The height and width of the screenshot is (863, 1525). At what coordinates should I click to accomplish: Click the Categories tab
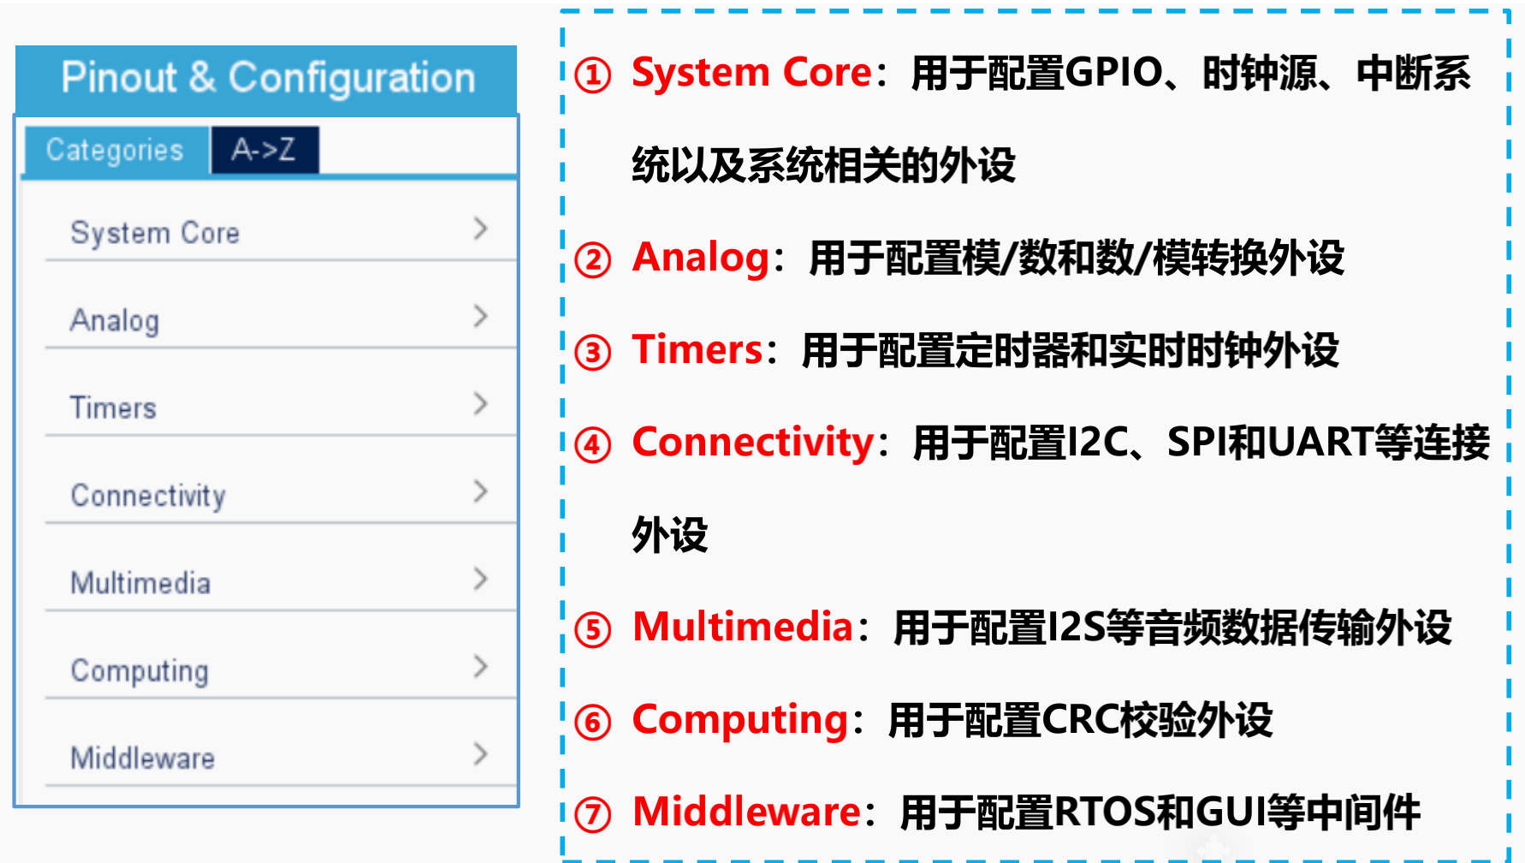click(x=116, y=151)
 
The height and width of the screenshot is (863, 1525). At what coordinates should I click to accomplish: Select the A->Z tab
click(x=264, y=150)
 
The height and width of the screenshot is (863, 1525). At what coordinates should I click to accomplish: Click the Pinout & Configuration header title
click(x=268, y=78)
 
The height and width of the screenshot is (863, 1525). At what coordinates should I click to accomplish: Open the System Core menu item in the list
click(x=155, y=233)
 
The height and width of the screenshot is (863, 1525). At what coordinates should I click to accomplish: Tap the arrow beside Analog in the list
click(x=480, y=317)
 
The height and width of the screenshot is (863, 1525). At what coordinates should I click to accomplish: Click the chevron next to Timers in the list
click(x=480, y=404)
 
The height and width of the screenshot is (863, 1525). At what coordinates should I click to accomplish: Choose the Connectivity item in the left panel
click(x=148, y=496)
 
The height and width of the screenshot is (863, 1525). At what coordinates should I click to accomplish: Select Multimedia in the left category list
click(x=140, y=583)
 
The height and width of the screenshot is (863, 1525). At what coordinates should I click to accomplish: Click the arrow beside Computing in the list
click(x=480, y=666)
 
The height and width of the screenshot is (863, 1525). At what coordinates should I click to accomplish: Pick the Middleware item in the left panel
click(x=143, y=758)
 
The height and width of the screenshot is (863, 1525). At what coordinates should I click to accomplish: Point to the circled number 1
click(x=593, y=75)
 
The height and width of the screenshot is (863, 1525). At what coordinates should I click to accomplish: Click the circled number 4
click(x=593, y=445)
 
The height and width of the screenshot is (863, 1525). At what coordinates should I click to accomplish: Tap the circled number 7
click(x=593, y=814)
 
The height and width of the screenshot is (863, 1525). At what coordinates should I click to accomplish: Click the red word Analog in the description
click(x=701, y=259)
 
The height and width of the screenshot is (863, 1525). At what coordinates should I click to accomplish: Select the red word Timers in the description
click(x=697, y=349)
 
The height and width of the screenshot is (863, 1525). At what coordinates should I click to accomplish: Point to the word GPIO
click(x=1115, y=73)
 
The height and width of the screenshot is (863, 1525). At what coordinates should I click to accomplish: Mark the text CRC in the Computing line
click(x=1082, y=720)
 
